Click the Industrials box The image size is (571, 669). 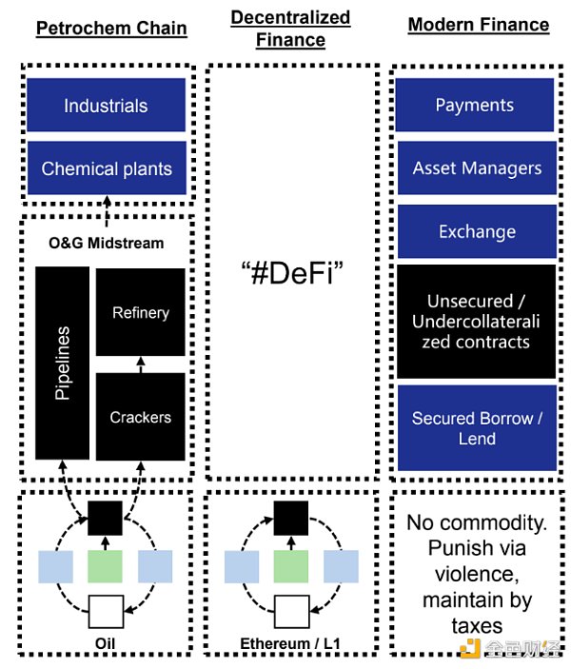point(106,106)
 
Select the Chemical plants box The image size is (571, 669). point(106,169)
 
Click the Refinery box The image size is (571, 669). point(141,313)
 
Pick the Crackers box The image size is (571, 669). point(141,417)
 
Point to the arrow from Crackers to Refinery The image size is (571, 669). point(141,364)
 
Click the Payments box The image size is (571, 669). point(474,106)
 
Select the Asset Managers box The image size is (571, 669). point(474,169)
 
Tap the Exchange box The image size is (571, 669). point(474,232)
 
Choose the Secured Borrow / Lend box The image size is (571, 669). point(474,428)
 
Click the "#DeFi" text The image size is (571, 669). point(290,277)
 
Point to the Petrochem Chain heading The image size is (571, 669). point(111,28)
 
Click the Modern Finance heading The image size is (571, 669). point(478,25)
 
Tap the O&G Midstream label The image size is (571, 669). point(107,244)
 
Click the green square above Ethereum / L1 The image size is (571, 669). point(290,565)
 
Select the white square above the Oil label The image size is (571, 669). point(105,611)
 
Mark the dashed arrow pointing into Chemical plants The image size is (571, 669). point(107,205)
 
